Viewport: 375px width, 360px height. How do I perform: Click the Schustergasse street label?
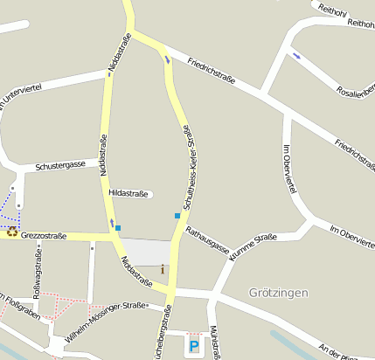point(60,164)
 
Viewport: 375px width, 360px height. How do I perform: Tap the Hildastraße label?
point(128,193)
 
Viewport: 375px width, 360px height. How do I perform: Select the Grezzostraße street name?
point(44,235)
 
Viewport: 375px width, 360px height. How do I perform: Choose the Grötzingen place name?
point(278,292)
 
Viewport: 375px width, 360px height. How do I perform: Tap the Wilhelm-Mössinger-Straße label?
point(106,322)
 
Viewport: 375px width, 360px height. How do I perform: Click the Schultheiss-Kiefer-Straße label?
point(187,165)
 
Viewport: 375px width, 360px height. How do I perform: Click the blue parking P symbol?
point(193,347)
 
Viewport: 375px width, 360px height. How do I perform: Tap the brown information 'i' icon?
point(162,269)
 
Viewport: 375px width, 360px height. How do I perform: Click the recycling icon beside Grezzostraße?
point(12,232)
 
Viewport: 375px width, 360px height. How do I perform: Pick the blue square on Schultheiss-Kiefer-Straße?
point(177,215)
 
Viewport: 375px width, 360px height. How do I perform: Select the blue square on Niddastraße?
point(118,227)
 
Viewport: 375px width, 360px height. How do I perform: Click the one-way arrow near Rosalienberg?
point(297,56)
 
